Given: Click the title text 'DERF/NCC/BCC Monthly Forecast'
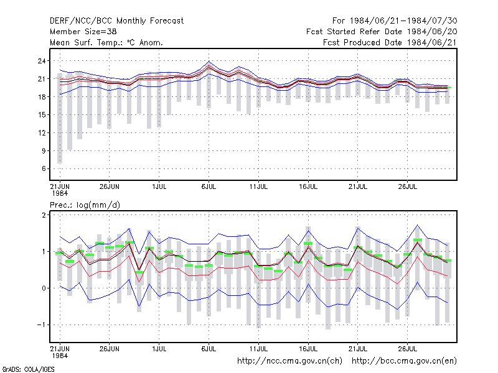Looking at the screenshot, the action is tap(116, 21).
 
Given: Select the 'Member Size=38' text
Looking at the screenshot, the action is tap(83, 32).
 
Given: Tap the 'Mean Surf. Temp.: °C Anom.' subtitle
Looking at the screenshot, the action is tap(106, 42).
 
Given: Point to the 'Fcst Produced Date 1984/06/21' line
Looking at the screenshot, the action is tap(390, 42).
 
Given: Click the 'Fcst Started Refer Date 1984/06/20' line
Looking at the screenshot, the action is tap(382, 32).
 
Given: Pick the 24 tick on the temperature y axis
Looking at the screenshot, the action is tap(42, 61).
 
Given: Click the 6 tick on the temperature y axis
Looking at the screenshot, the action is tap(44, 168).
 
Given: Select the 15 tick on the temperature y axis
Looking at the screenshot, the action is tap(42, 115).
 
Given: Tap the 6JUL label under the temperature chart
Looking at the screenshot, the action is tap(209, 186).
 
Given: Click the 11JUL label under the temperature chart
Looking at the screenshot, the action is tap(258, 186).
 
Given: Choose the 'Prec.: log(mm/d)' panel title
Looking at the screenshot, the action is tap(85, 205).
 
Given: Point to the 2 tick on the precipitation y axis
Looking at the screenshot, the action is tap(44, 215).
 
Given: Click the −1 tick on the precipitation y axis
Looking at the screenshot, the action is tap(41, 325).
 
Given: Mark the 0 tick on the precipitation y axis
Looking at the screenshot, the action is tap(44, 288).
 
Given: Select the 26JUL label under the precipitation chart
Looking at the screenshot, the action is tap(408, 349).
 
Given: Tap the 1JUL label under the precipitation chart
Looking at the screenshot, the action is tap(159, 349).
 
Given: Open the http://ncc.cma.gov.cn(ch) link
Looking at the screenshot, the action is tap(289, 361).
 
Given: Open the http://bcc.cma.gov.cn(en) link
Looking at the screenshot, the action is tap(404, 361).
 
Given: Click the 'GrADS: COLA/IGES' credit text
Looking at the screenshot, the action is tap(28, 369).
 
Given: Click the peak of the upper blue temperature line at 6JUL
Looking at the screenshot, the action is tap(209, 61).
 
